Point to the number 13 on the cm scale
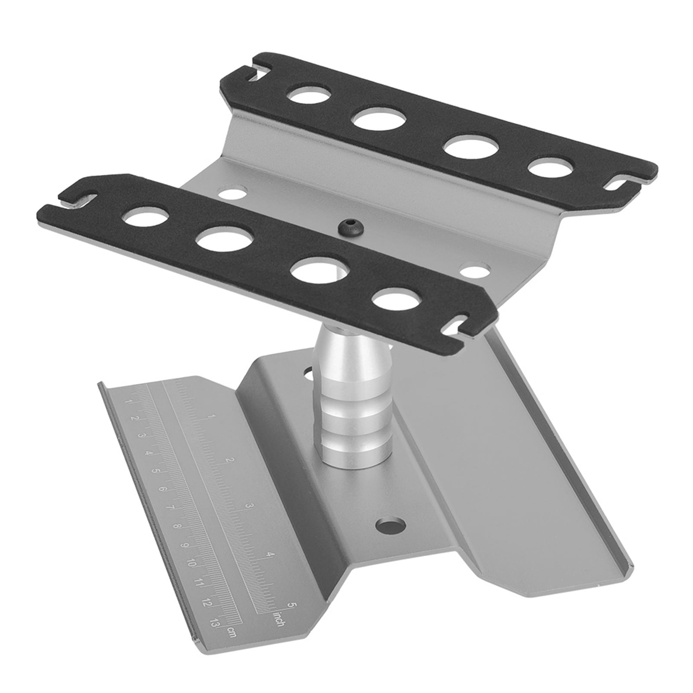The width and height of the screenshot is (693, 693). click(213, 623)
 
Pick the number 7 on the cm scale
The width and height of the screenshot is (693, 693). click(170, 508)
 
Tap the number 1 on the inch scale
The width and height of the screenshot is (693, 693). click(211, 416)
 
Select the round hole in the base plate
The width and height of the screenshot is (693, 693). click(391, 526)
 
